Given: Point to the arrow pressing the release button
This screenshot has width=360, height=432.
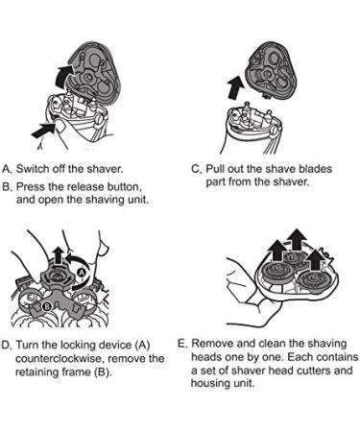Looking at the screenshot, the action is [x=42, y=132].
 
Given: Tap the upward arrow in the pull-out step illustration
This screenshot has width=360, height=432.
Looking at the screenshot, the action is [x=235, y=86].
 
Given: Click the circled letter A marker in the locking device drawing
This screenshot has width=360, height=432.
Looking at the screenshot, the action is [x=82, y=272].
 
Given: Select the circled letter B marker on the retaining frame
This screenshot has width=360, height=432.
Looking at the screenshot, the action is [x=47, y=307].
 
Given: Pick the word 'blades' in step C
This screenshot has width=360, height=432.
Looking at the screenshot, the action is [x=314, y=169].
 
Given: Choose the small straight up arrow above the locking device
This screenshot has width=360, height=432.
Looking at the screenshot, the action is [x=58, y=255].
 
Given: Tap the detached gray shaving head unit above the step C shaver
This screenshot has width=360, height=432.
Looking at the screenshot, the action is [x=270, y=72].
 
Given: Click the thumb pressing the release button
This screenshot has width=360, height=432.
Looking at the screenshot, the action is [x=60, y=128].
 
